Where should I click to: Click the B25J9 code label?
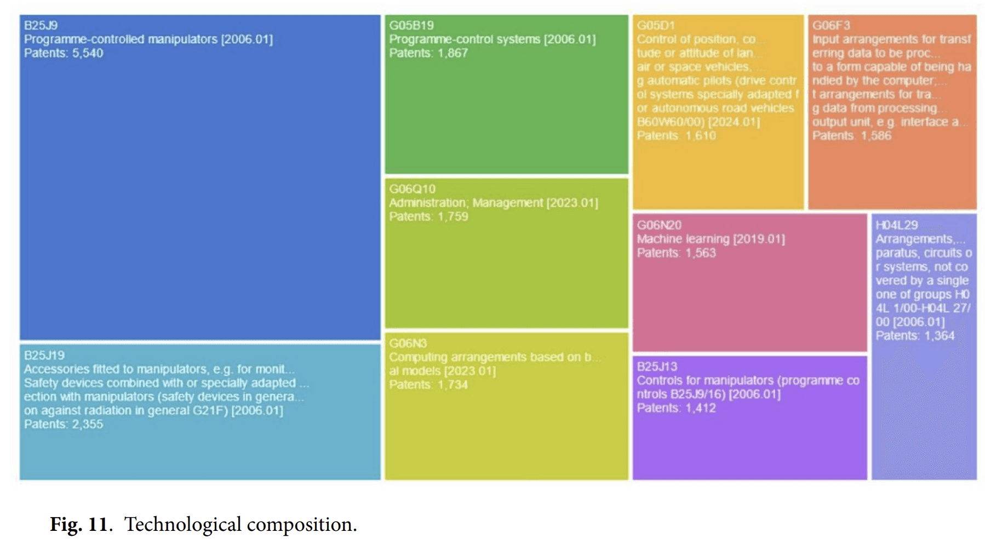(x=41, y=25)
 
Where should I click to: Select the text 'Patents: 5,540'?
(x=64, y=53)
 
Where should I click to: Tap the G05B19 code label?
(x=411, y=25)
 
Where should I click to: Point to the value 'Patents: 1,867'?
(x=428, y=53)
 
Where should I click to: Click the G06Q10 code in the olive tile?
(x=413, y=189)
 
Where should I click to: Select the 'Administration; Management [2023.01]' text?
(x=494, y=203)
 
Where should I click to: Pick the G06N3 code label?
(x=408, y=343)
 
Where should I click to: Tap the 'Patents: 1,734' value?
(x=428, y=385)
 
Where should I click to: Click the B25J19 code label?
(x=44, y=355)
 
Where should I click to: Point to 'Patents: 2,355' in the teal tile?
(x=64, y=424)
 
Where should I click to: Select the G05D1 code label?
(x=656, y=25)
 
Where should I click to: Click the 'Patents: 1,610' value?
(x=676, y=135)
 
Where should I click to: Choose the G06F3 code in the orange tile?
(x=831, y=25)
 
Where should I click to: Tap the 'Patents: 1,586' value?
(x=851, y=135)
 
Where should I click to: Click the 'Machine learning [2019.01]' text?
(x=711, y=239)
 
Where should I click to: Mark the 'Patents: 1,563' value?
(x=676, y=253)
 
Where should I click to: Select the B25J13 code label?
(x=657, y=367)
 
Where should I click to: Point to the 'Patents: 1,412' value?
(x=676, y=408)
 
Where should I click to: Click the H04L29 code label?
(x=896, y=225)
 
